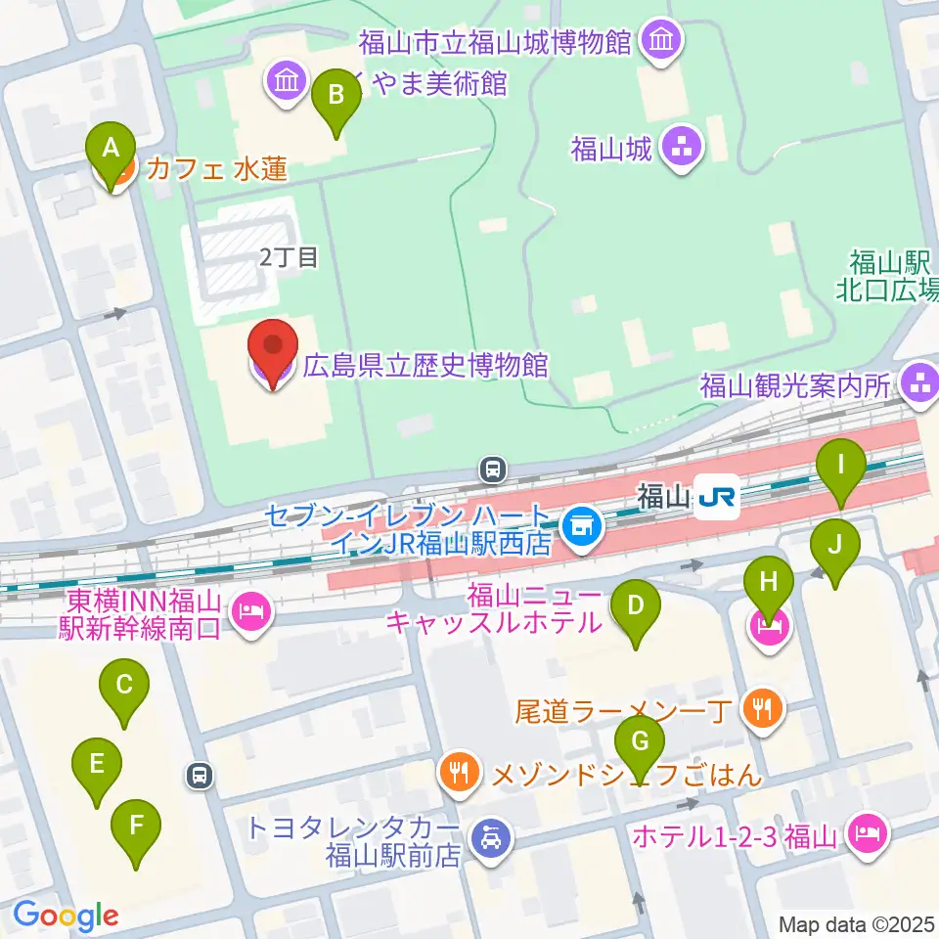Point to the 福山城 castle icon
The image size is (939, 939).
pyautogui.click(x=682, y=149)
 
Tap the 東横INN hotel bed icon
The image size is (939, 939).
pyautogui.click(x=251, y=614)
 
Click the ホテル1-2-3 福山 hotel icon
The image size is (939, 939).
pyautogui.click(x=867, y=834)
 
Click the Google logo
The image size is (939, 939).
pyautogui.click(x=66, y=915)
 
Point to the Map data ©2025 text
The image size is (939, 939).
pyautogui.click(x=857, y=923)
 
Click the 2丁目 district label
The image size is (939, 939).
pyautogui.click(x=289, y=258)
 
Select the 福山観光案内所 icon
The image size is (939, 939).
pyautogui.click(x=919, y=382)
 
